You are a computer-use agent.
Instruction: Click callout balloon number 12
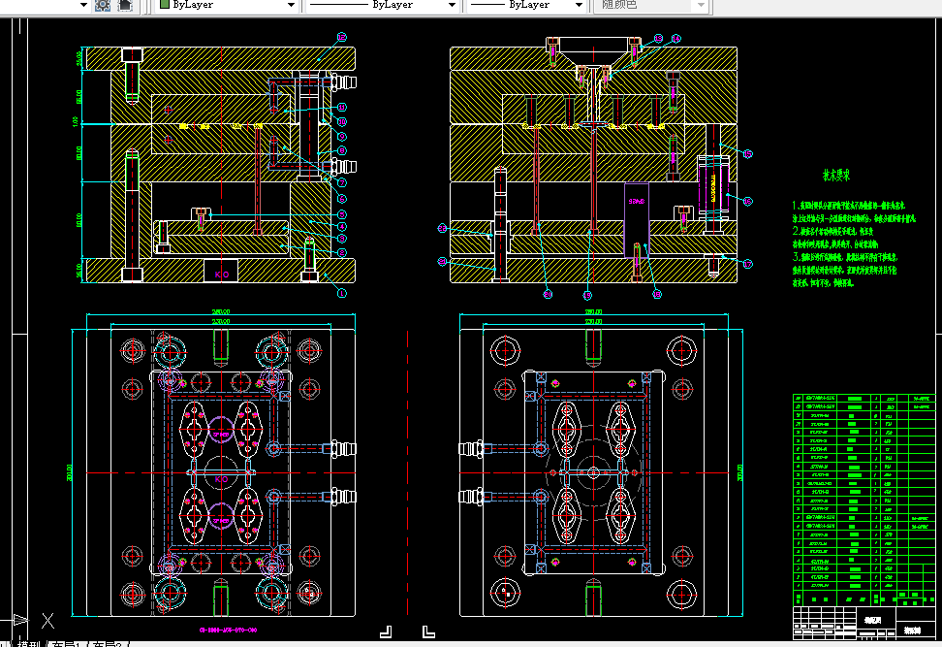tap(341, 37)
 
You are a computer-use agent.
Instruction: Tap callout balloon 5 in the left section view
tap(341, 213)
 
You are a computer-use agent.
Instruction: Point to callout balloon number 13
tap(658, 38)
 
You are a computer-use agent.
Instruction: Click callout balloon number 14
tap(675, 38)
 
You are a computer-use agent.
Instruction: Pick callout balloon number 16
tap(747, 201)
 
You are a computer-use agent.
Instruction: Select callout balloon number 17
tap(747, 263)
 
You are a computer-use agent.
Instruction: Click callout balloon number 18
tap(656, 293)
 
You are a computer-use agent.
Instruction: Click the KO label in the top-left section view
tap(221, 275)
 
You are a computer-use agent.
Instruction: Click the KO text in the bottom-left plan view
tap(220, 479)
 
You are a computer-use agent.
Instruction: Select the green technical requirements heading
tap(836, 177)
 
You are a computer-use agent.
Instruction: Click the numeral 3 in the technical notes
tap(795, 258)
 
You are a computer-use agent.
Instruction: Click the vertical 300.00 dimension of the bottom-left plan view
tap(71, 471)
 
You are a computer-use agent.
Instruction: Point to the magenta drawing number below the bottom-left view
tap(228, 631)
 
